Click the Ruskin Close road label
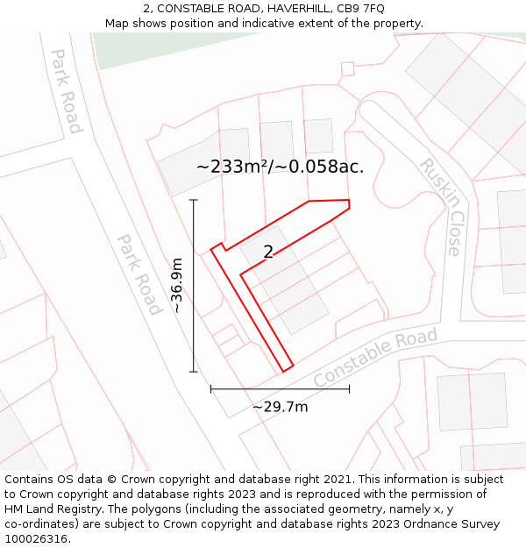click(x=440, y=207)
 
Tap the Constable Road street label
click(x=375, y=359)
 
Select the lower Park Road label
click(x=139, y=274)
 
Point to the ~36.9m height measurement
click(x=177, y=285)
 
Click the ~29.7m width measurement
click(x=280, y=407)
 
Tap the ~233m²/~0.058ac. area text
click(x=280, y=167)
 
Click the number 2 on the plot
click(x=268, y=253)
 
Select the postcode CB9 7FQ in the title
click(x=362, y=9)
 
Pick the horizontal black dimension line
click(x=280, y=388)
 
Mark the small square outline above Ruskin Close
click(x=347, y=68)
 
